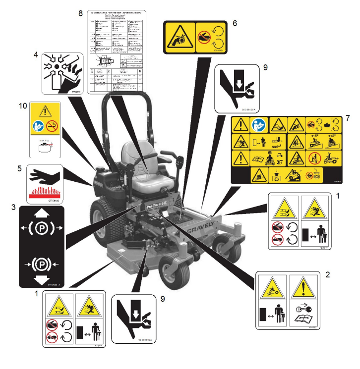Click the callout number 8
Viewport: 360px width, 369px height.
[80, 13]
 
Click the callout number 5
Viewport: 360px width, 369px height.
[7, 168]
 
